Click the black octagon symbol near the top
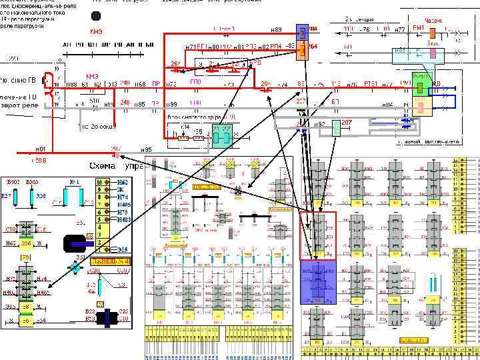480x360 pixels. click(x=96, y=15)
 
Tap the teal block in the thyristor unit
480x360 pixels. click(x=221, y=135)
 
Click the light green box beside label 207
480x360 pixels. click(x=337, y=127)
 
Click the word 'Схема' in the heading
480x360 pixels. click(x=106, y=165)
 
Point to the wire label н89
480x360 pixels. click(x=276, y=30)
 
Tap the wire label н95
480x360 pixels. click(x=147, y=149)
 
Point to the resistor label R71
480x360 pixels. click(x=75, y=181)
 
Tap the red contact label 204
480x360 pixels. click(x=265, y=83)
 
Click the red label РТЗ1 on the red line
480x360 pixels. click(x=371, y=83)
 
